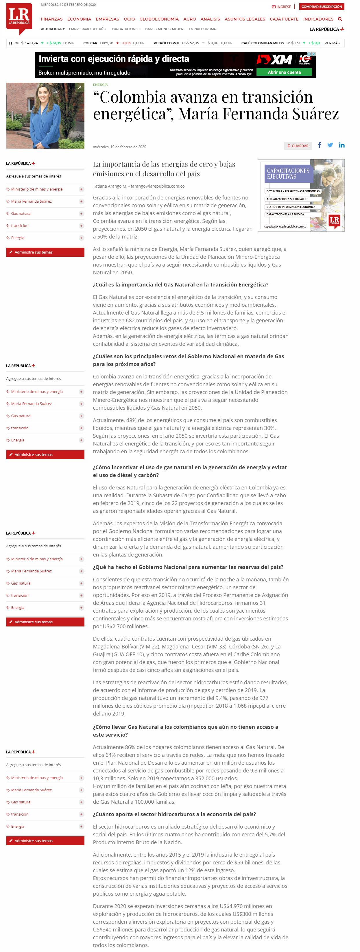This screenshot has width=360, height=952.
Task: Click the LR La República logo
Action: click(19, 18)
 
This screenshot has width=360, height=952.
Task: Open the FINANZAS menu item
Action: click(52, 19)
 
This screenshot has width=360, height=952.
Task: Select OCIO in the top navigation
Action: click(129, 19)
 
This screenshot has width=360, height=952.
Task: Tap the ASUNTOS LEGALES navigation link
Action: click(245, 19)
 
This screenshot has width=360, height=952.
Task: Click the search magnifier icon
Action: click(340, 19)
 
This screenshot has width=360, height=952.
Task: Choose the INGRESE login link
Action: click(282, 7)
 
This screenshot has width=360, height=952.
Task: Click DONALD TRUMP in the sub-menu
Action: click(202, 29)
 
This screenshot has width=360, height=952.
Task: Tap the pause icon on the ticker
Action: click(10, 43)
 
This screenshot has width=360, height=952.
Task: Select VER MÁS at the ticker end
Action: click(332, 43)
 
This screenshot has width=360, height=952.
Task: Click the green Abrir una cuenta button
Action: click(284, 73)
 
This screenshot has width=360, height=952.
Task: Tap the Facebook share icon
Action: click(319, 145)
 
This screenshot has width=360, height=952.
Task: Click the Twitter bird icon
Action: click(330, 145)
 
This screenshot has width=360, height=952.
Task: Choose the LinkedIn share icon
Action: click(341, 145)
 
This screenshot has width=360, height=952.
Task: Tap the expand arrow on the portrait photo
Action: click(79, 88)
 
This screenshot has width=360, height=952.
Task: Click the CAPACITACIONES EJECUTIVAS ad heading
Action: click(288, 174)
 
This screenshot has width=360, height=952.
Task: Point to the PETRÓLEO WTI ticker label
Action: click(166, 43)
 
